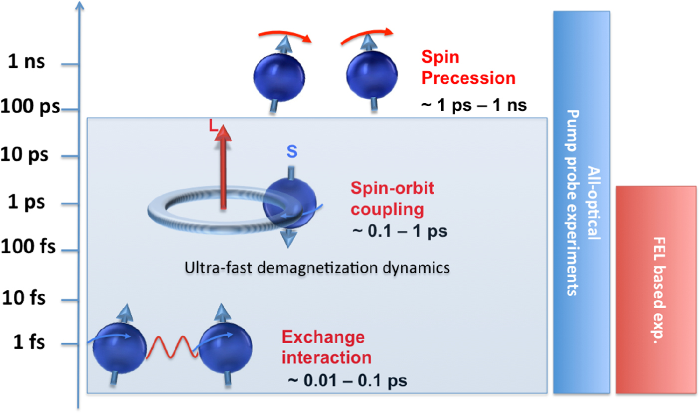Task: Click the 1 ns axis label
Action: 30,64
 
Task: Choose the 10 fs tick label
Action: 25,298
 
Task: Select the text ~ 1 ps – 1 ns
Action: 473,106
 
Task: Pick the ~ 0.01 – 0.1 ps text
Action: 348,381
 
